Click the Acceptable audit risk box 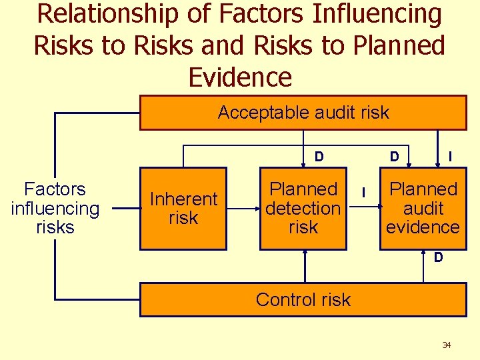303,113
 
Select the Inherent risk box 183,209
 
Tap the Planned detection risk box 303,209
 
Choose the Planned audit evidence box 423,209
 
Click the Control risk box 303,300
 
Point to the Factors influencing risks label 55,209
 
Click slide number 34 447,345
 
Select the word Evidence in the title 240,77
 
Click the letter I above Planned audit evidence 451,157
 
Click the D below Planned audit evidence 439,257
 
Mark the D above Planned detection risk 319,157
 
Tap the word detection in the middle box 303,209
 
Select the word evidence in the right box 423,227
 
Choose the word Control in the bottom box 279,300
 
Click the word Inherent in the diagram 183,199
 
